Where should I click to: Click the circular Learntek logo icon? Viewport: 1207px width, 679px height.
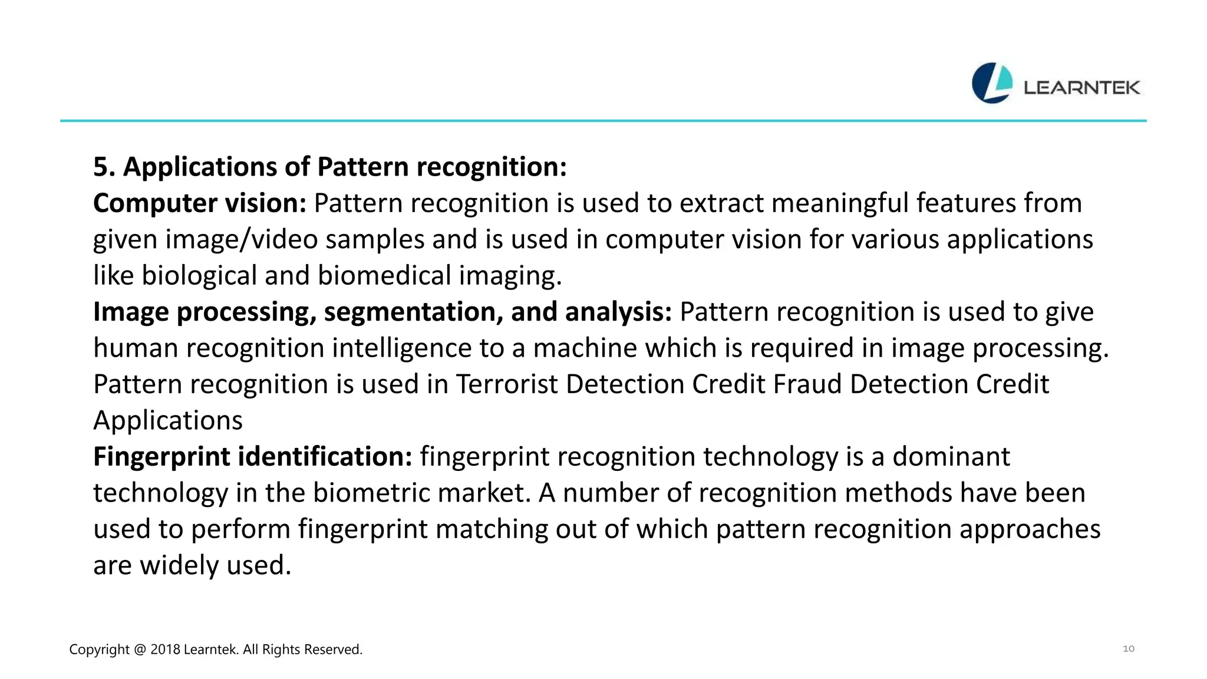[x=992, y=83]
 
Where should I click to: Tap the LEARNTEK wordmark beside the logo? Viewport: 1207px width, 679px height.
[x=1081, y=88]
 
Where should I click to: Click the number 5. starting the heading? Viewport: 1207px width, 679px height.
[x=104, y=167]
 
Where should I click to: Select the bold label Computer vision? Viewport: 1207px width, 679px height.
[x=200, y=203]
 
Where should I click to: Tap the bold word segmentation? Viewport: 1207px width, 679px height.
[x=413, y=312]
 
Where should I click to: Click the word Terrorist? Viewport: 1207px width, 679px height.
[x=507, y=384]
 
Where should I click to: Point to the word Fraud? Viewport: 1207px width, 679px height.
[x=807, y=384]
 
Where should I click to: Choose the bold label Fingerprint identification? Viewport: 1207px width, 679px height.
[x=252, y=457]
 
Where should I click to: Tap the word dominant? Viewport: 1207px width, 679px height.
[x=951, y=457]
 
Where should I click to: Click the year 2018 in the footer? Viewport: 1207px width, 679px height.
[x=165, y=650]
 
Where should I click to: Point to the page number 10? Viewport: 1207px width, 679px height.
[x=1128, y=649]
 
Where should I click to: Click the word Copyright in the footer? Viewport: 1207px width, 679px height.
[x=99, y=650]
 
